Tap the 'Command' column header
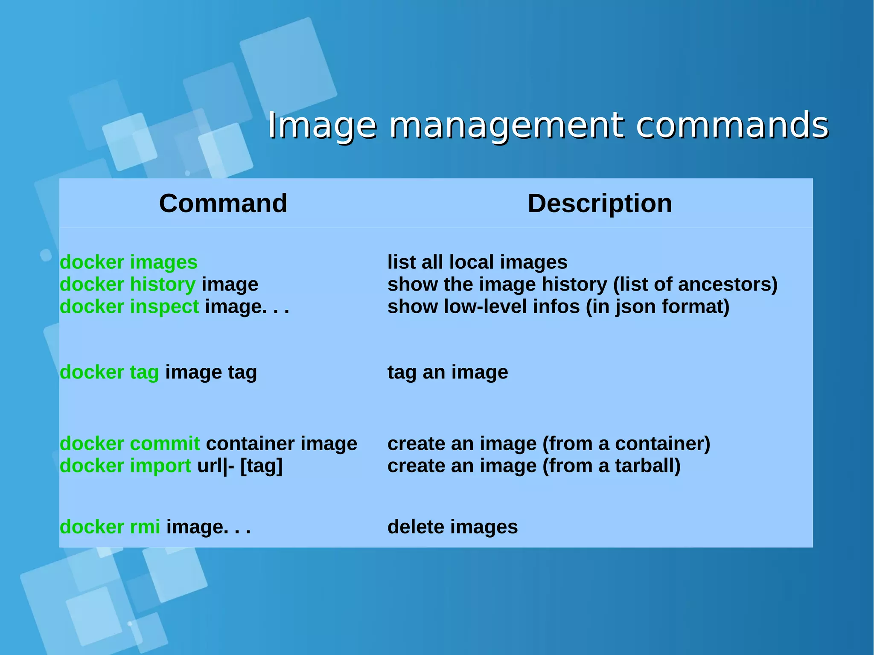(x=223, y=203)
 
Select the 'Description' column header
(x=600, y=203)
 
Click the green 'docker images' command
(x=128, y=262)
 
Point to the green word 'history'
(x=163, y=284)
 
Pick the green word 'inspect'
(x=164, y=307)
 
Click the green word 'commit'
(x=165, y=443)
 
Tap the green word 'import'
(x=160, y=466)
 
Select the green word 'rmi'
(x=145, y=527)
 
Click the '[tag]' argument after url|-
(x=261, y=466)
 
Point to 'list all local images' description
(x=477, y=262)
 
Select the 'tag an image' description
(x=448, y=372)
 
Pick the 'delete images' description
(x=452, y=527)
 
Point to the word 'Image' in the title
(x=322, y=126)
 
